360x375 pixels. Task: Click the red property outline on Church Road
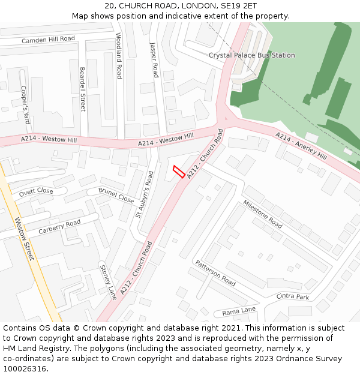178,172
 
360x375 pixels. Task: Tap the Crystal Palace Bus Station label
251,55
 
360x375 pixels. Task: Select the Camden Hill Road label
48,40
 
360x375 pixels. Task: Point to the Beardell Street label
83,89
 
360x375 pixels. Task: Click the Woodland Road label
119,56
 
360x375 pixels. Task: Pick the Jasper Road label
154,59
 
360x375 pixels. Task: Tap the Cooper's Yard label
25,104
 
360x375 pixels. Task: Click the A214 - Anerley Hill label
301,146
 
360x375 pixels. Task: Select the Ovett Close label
36,193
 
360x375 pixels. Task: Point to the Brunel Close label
116,195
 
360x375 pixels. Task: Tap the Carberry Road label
59,227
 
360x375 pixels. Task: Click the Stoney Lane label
108,282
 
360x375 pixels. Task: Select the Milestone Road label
262,214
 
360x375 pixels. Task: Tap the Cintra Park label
292,296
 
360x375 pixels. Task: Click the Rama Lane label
239,311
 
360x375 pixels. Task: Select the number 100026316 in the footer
25,369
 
